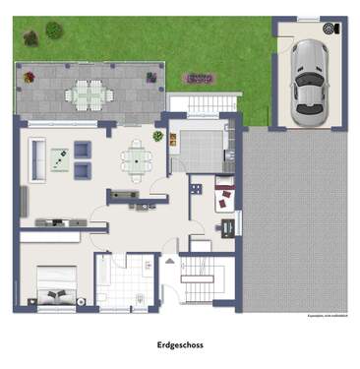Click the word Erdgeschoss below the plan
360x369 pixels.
pyautogui.click(x=179, y=345)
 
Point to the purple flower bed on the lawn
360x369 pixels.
pyautogui.click(x=201, y=78)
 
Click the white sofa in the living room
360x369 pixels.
pyautogui.click(x=37, y=157)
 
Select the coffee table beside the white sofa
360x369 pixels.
pyautogui.click(x=60, y=158)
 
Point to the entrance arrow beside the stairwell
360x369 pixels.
pyautogui.click(x=167, y=261)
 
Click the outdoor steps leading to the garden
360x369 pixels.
pyautogui.click(x=206, y=103)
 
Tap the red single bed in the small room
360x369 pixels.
pyautogui.click(x=225, y=196)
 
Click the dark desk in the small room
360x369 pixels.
pyautogui.click(x=228, y=226)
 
